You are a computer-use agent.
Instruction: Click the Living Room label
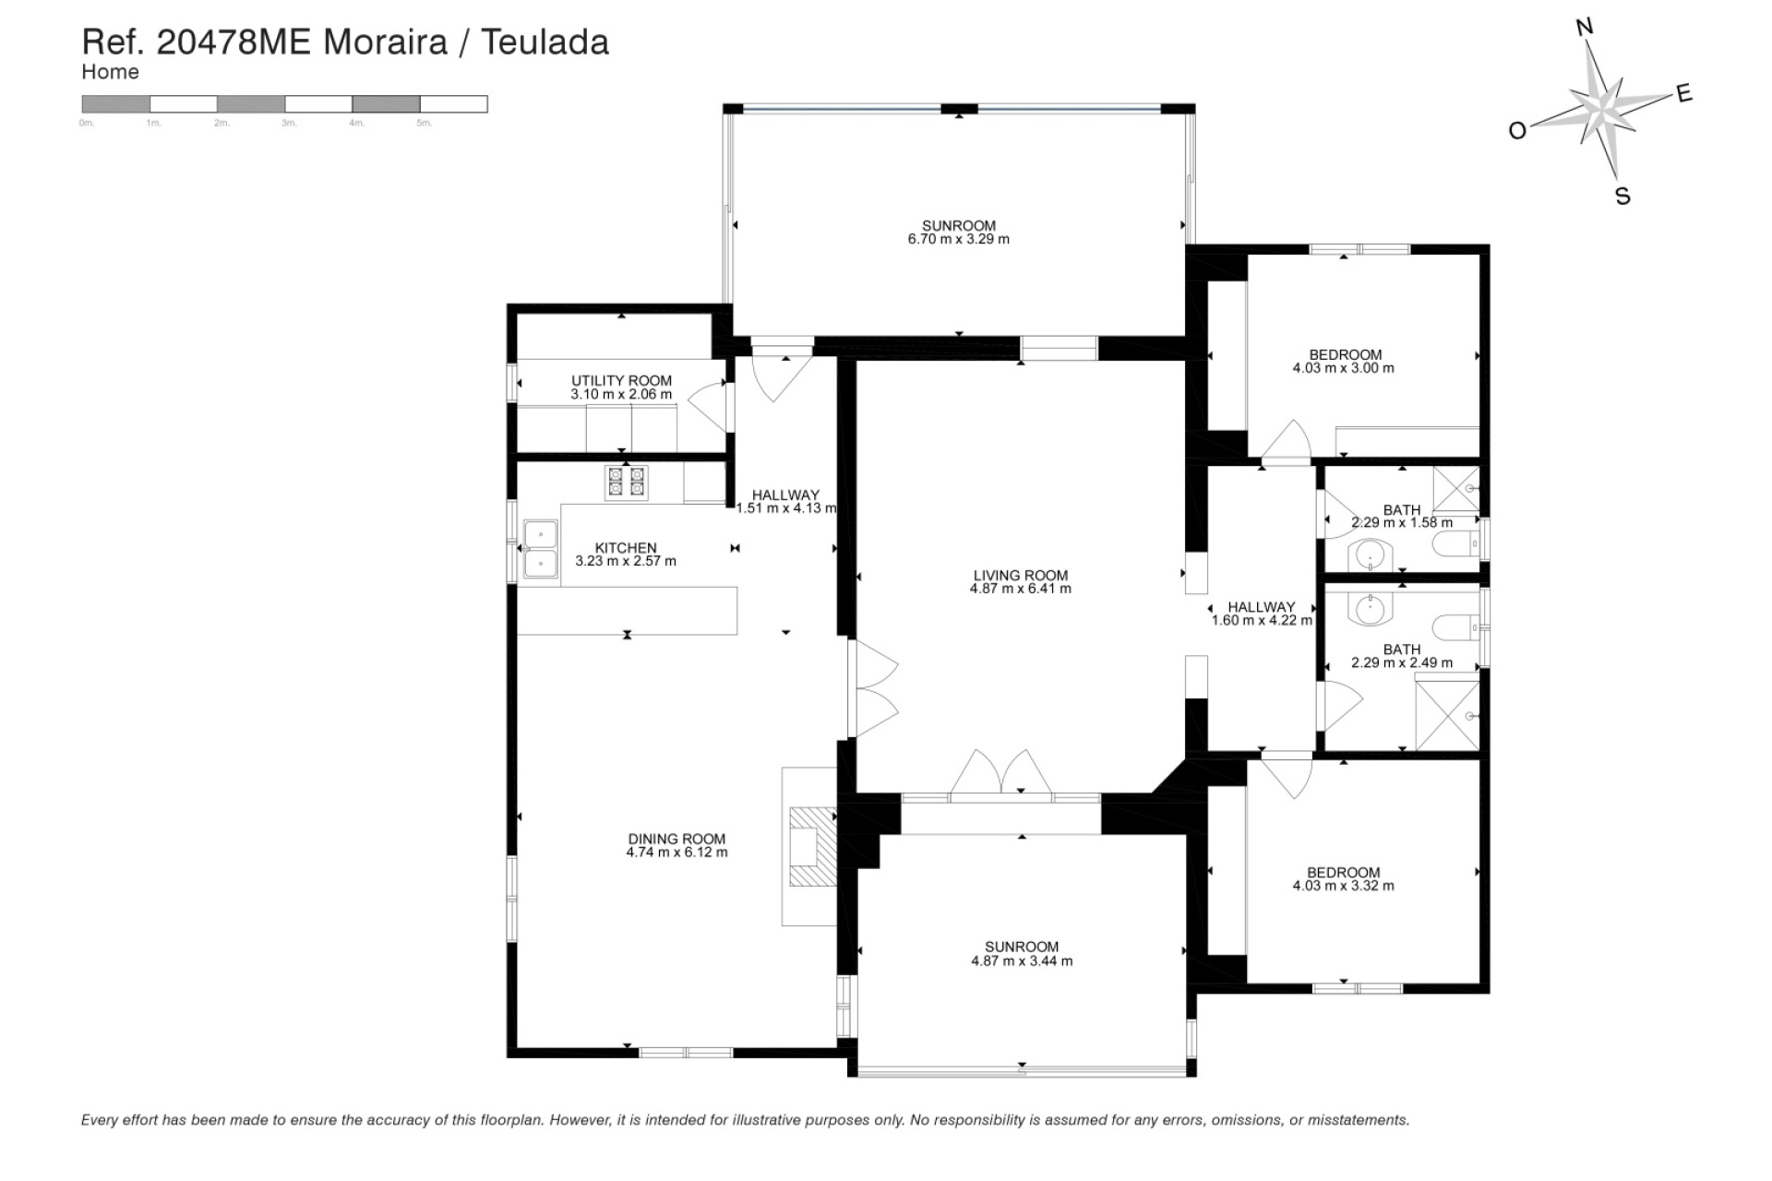coord(1020,575)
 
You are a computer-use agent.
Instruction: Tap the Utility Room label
coord(621,380)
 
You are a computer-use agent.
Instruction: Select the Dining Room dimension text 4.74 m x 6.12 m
coord(676,853)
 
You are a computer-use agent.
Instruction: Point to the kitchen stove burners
coord(626,482)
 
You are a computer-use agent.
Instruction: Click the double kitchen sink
coord(540,549)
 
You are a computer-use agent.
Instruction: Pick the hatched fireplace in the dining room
coord(813,847)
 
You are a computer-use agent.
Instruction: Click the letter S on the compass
coord(1622,197)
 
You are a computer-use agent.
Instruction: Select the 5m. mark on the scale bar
coord(424,123)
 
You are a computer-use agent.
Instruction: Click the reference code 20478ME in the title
coord(233,42)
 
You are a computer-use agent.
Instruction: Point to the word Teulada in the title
coord(545,42)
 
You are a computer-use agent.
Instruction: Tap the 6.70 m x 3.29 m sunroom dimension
coord(958,239)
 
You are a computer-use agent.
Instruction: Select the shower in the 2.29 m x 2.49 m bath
coord(1447,715)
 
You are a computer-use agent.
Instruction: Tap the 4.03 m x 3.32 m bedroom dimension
coord(1343,886)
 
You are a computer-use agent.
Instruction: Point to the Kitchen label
coord(625,548)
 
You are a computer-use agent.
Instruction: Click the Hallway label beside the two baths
coord(1261,607)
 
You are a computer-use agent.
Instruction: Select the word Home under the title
coord(110,72)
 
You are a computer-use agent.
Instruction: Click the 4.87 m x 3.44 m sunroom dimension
coord(1021,960)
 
